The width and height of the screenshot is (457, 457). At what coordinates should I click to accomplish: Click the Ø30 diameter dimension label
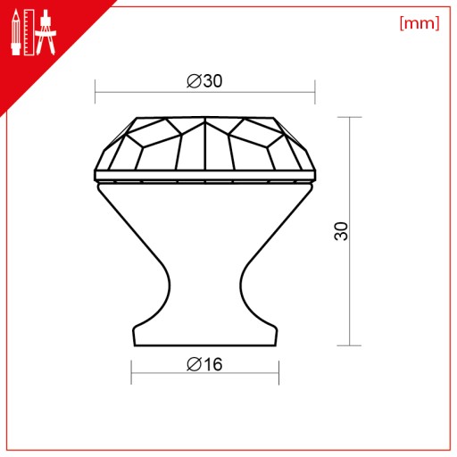coord(204,80)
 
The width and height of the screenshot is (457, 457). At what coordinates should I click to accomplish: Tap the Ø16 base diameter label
coord(204,364)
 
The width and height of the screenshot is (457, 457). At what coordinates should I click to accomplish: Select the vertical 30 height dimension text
coord(341,231)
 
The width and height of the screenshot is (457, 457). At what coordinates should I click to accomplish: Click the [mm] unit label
coord(420,23)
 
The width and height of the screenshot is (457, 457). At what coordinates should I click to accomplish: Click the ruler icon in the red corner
coord(29,32)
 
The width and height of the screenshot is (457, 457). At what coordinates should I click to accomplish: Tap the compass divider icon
coord(46,32)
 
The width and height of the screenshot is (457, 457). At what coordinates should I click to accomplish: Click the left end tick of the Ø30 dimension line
coord(95,92)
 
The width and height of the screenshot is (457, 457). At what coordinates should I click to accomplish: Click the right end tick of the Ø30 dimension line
coord(315,92)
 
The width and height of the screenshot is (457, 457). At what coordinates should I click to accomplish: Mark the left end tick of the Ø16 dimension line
coord(131,372)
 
